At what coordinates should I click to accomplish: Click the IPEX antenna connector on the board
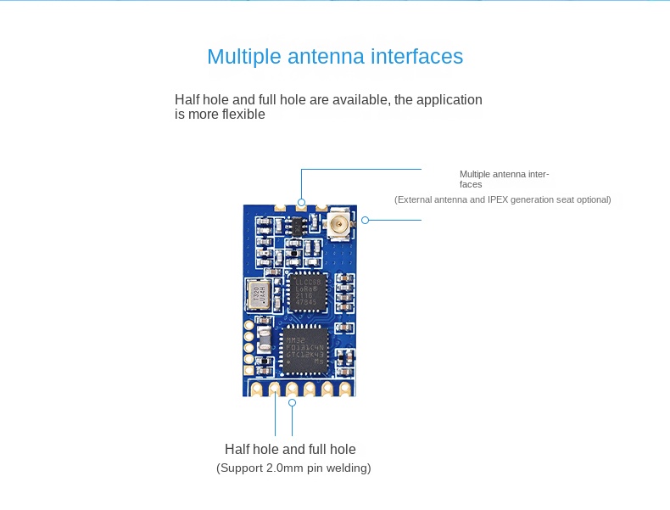click(x=338, y=226)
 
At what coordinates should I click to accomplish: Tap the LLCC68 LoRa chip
click(x=307, y=290)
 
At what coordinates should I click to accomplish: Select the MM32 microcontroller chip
click(x=306, y=348)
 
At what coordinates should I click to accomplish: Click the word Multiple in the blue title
click(x=243, y=57)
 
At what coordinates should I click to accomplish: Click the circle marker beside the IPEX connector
click(x=366, y=220)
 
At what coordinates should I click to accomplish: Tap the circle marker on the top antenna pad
click(x=301, y=201)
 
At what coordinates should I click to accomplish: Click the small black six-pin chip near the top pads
click(x=299, y=226)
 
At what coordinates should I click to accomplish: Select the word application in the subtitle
click(x=449, y=100)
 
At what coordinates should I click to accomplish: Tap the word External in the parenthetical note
click(x=416, y=199)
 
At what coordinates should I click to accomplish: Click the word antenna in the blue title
click(x=319, y=57)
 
